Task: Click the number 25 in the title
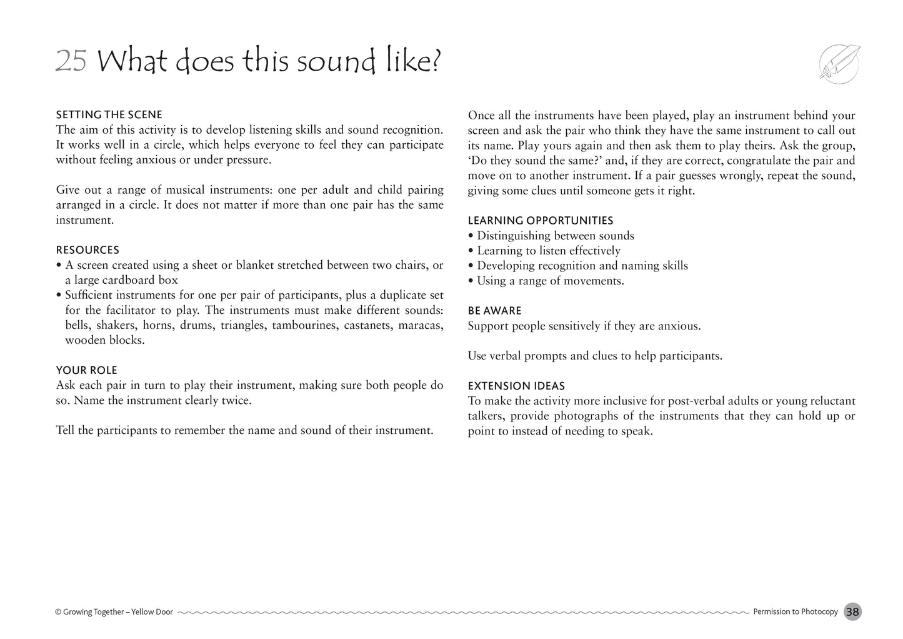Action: [x=71, y=61]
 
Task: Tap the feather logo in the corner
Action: [x=839, y=63]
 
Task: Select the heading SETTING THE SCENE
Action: [x=109, y=115]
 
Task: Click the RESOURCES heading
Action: [x=87, y=250]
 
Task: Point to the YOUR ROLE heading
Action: [x=86, y=370]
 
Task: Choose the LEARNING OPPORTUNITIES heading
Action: [x=540, y=221]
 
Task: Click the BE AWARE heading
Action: [x=494, y=311]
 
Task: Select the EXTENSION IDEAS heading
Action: [x=516, y=386]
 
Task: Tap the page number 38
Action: [x=852, y=612]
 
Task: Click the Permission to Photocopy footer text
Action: [x=795, y=612]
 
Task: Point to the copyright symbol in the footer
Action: [x=58, y=612]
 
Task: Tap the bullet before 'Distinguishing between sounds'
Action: [x=471, y=236]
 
